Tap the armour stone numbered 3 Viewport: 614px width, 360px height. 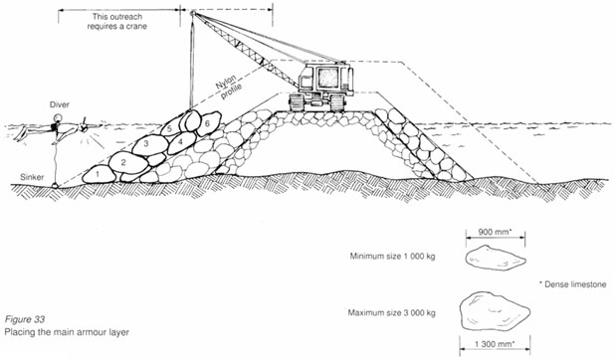146,144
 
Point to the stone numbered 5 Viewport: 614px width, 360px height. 171,128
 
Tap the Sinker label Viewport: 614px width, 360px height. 31,179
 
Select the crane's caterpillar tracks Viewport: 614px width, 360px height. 317,102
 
